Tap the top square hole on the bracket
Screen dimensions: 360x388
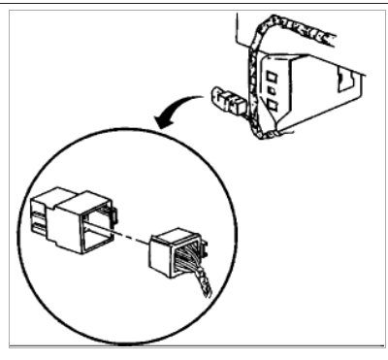pyautogui.click(x=273, y=73)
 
